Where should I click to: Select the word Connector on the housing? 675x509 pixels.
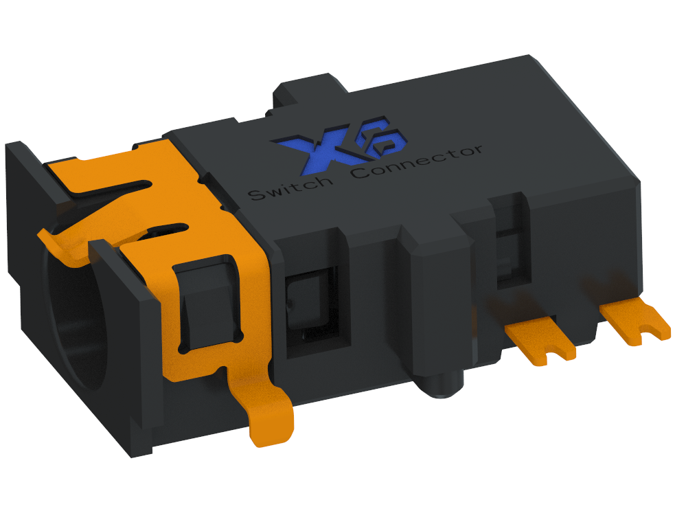417,161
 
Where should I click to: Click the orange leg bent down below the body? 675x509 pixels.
272,420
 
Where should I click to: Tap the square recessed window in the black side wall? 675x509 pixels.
308,302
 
